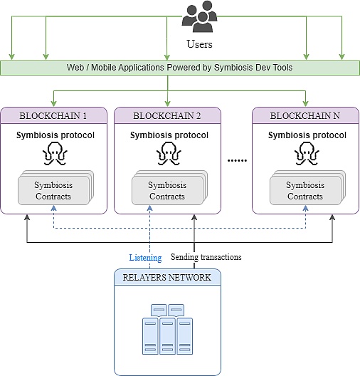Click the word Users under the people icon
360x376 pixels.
click(x=199, y=44)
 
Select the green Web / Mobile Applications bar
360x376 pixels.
click(x=179, y=68)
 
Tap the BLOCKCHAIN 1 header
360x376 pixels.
click(x=53, y=115)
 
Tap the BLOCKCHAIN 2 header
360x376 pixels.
click(x=168, y=115)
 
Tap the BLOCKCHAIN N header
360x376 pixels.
click(x=305, y=115)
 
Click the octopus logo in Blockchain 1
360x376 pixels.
click(x=55, y=154)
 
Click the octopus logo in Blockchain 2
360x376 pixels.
click(x=169, y=154)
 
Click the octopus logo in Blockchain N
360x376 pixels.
click(x=307, y=154)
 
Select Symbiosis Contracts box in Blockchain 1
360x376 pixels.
click(x=54, y=191)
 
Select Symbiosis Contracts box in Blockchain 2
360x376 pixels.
click(x=168, y=191)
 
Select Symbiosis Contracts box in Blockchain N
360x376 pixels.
click(x=305, y=191)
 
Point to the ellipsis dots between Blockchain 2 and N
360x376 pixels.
click(x=236, y=161)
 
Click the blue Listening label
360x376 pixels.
click(x=145, y=257)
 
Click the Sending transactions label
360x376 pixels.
click(x=206, y=257)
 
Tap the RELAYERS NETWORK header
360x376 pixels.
click(x=168, y=277)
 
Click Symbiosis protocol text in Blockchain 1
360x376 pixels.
click(x=55, y=135)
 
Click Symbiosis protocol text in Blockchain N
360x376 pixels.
click(x=307, y=135)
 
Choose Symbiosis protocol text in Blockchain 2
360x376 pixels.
click(x=169, y=135)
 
